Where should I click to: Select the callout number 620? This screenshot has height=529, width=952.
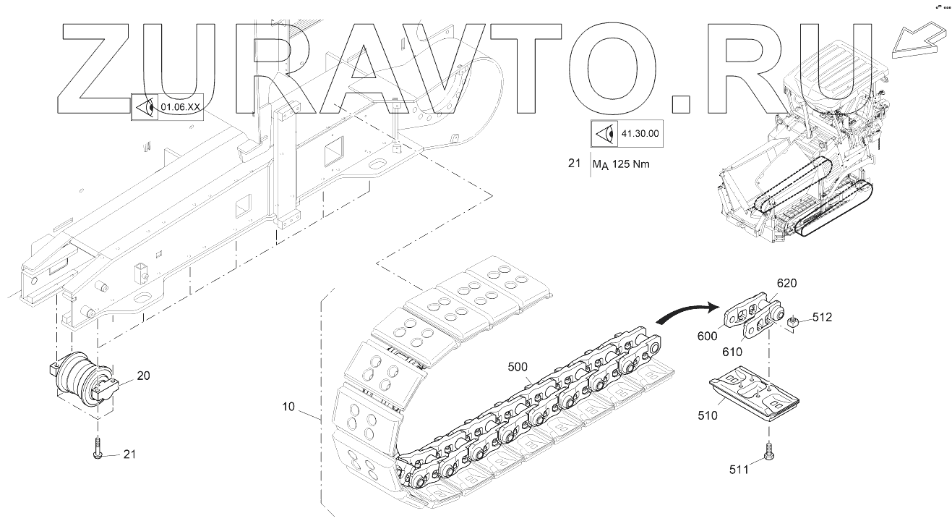pyautogui.click(x=786, y=283)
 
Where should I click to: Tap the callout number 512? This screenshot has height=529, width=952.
pyautogui.click(x=821, y=316)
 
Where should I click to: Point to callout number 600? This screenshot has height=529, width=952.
pyautogui.click(x=707, y=335)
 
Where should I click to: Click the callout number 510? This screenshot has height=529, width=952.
pyautogui.click(x=708, y=415)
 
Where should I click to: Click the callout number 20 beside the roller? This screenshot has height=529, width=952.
pyautogui.click(x=143, y=375)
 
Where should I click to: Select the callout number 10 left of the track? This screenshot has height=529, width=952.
pyautogui.click(x=288, y=407)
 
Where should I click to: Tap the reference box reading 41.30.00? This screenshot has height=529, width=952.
pyautogui.click(x=627, y=133)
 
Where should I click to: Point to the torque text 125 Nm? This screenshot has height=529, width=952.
pyautogui.click(x=630, y=164)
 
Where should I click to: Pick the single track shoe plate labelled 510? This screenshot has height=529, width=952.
pyautogui.click(x=752, y=394)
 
